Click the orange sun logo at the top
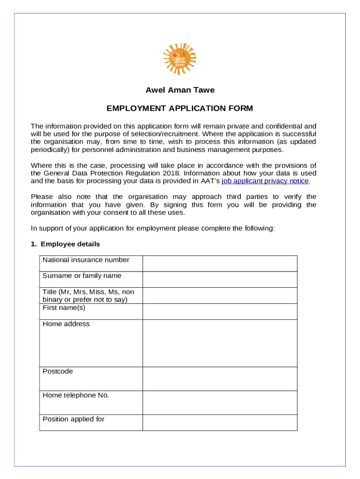click(180, 58)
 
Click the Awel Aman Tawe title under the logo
click(180, 90)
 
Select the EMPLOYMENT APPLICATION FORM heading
click(180, 109)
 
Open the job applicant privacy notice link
click(265, 181)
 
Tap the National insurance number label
click(86, 260)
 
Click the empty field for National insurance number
click(220, 263)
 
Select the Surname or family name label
click(82, 276)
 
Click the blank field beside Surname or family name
click(220, 279)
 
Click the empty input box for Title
click(220, 295)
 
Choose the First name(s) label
click(64, 308)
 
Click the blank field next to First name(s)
click(220, 311)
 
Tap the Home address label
click(66, 324)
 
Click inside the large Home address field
click(220, 343)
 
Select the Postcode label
click(58, 371)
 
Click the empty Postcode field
click(220, 378)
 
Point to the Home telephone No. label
click(75, 395)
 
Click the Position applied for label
click(73, 419)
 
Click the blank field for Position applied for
click(220, 422)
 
